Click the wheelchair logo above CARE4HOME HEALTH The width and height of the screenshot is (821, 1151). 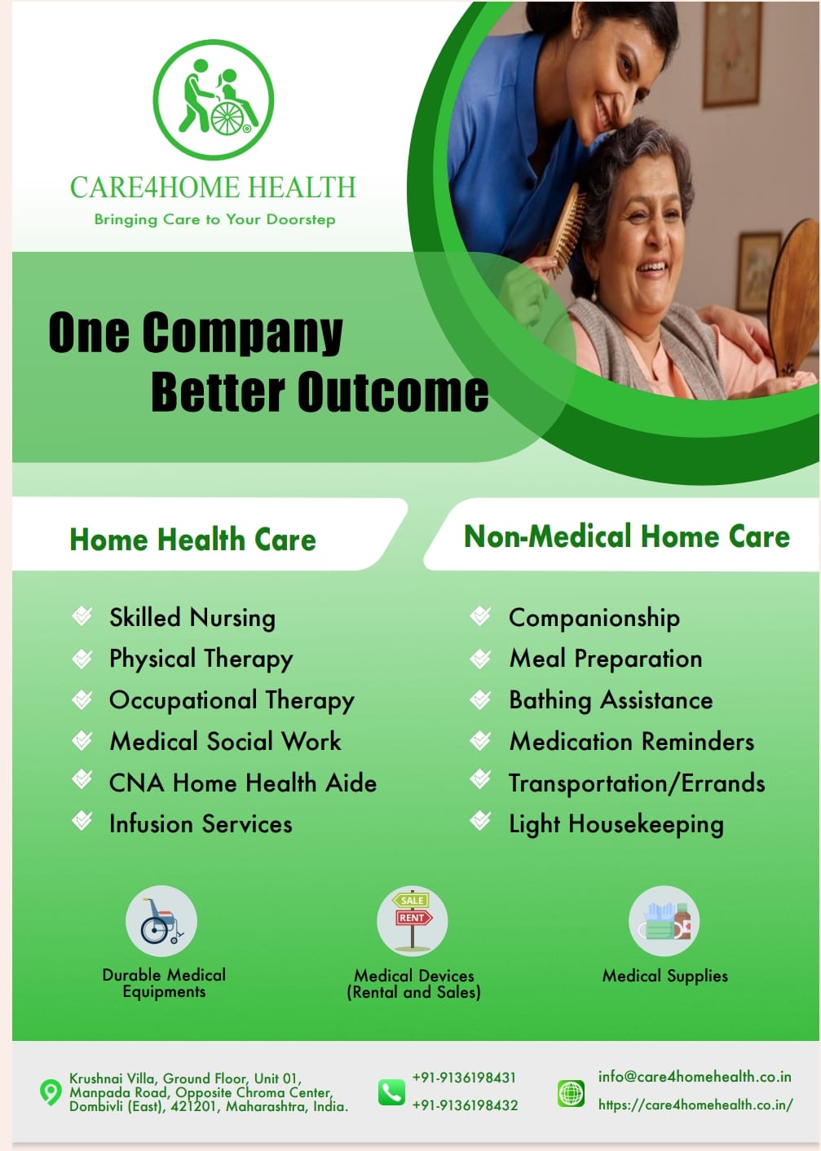coord(214,99)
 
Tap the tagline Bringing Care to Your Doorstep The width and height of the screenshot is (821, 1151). coord(214,219)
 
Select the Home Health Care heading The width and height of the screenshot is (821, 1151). coord(192,539)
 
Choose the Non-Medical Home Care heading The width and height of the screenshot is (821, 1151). coord(627,536)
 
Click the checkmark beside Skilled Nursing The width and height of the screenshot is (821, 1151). coord(82,615)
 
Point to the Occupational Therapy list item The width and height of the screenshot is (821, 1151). coord(232,701)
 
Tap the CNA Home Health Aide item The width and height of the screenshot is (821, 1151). coord(243,783)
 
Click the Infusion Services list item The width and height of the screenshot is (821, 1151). coord(201,824)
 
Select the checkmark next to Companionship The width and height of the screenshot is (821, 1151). coord(480,615)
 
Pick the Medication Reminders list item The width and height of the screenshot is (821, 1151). coord(631,742)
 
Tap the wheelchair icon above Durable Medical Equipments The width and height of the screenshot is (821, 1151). coord(161,921)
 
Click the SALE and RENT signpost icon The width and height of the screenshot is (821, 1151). coord(413,921)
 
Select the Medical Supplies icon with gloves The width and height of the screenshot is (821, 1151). coord(664,921)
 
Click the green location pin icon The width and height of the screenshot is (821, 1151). coord(51,1092)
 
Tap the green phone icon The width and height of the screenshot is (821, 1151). coord(391,1092)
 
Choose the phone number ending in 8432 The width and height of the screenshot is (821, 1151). coord(465,1105)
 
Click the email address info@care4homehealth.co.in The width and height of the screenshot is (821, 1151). coord(695,1077)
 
